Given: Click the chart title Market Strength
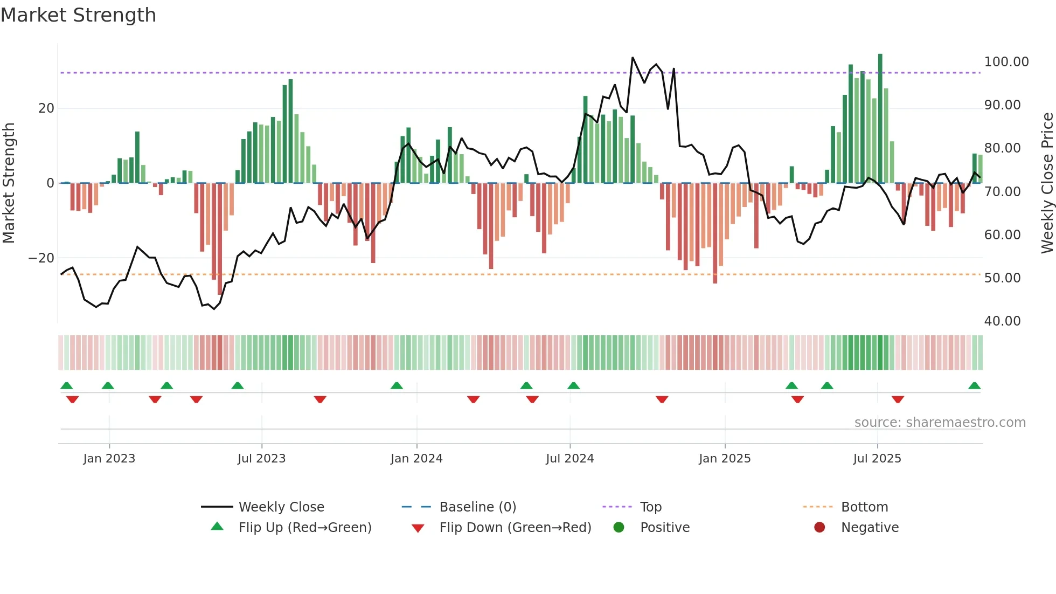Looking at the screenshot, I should click(78, 15).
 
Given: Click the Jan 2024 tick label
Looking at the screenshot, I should click(416, 459).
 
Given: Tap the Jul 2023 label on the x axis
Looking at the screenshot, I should click(261, 459).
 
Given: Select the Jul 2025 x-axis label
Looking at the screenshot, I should click(877, 459).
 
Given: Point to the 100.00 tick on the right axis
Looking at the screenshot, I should click(1006, 62).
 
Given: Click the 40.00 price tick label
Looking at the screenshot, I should click(1002, 321).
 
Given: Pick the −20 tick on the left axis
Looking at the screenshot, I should click(41, 258).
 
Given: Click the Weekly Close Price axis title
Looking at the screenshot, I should click(1047, 183).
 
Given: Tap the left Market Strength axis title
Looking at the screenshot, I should click(9, 183).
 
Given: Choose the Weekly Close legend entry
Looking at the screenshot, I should click(281, 507).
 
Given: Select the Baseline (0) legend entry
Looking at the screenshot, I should click(477, 507).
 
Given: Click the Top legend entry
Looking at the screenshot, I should click(650, 507).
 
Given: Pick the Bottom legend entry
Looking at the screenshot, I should click(864, 507).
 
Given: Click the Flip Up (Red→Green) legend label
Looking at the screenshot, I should click(305, 528).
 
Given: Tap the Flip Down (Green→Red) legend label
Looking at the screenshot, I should click(515, 528).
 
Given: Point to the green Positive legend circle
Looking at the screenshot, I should click(619, 528).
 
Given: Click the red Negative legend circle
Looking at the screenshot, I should click(819, 528).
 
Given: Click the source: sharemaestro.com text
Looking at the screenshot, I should click(940, 423).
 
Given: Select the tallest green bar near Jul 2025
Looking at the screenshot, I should click(880, 119).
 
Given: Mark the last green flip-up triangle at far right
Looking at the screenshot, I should click(974, 386).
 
